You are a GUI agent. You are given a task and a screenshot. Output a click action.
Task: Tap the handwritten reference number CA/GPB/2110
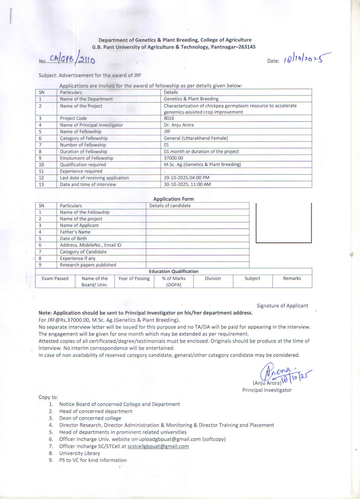pos(72,59)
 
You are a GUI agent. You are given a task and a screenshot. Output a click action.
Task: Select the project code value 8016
pos(169,118)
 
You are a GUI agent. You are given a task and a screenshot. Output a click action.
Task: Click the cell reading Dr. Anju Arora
pos(179,125)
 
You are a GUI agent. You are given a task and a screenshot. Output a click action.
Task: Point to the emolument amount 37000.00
pos(173,158)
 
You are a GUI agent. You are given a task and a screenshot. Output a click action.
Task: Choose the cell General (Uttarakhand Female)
pos(196,138)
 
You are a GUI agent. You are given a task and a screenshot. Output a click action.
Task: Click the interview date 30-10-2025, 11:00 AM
pos(187,184)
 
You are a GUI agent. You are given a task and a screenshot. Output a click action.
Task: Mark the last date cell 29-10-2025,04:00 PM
pos(187,177)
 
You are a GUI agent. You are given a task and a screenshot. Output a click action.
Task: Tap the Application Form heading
pos(173,199)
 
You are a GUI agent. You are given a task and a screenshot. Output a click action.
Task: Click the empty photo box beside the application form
pos(283,222)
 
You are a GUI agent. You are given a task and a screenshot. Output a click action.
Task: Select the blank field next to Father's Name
pos(197,232)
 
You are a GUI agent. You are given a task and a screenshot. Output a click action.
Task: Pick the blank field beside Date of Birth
pos(197,238)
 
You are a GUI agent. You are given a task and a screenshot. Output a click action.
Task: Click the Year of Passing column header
pos(134,279)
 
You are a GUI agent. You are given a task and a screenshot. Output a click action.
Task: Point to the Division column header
pos(213,279)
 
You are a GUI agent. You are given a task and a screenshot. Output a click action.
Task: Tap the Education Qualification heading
pos(173,271)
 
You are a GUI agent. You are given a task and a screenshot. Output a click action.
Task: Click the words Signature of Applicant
pos(282,306)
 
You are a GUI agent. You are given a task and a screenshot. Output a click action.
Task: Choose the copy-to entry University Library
pos(79,453)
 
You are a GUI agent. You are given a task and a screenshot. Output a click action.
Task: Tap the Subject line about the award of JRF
pos(90,75)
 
